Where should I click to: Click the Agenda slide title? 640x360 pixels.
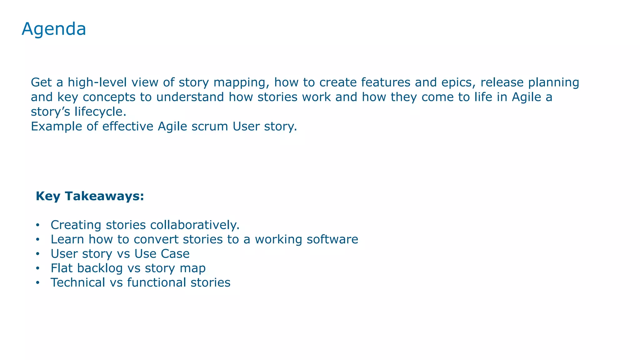[54, 29]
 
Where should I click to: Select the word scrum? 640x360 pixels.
[210, 127]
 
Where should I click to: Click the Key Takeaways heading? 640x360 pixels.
[90, 196]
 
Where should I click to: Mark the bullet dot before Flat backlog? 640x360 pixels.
[38, 268]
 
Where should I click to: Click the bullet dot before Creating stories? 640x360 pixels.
[38, 225]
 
